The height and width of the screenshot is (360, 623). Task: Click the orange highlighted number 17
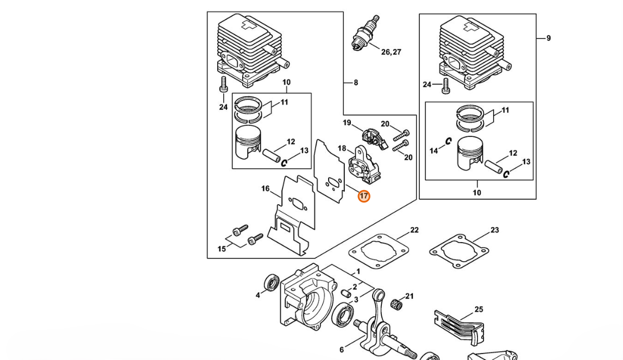click(x=363, y=196)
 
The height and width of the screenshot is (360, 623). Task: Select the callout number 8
click(x=356, y=83)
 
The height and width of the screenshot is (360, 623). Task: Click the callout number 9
click(x=549, y=38)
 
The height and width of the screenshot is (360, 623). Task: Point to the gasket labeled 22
click(x=379, y=250)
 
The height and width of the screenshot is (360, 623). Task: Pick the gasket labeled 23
click(x=459, y=250)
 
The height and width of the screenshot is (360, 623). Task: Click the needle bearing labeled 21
click(x=397, y=305)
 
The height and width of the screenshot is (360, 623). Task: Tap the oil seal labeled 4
click(x=272, y=282)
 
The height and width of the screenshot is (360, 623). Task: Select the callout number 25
click(x=479, y=309)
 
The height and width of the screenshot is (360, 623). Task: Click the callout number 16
click(x=266, y=188)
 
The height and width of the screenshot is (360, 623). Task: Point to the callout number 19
click(x=347, y=123)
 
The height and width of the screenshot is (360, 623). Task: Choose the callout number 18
click(x=342, y=149)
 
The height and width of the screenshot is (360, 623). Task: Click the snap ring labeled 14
click(x=449, y=141)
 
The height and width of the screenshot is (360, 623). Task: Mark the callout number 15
click(x=222, y=249)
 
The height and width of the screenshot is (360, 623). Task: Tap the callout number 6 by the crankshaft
click(x=342, y=350)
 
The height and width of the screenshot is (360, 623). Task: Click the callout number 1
click(x=358, y=271)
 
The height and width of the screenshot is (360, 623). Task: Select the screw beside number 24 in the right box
click(x=446, y=86)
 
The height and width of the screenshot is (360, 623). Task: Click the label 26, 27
click(x=392, y=52)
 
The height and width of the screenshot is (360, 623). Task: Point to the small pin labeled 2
click(x=345, y=293)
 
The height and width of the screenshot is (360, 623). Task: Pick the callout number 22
click(x=414, y=230)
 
